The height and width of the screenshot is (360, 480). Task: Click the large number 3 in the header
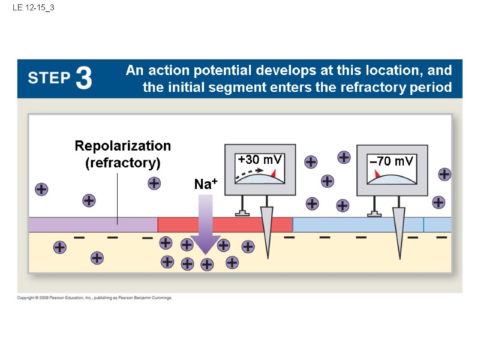point(84,78)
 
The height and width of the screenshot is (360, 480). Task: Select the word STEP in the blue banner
point(49,79)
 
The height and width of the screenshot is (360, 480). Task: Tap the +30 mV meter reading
point(259,160)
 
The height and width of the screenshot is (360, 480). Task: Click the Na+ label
point(205,184)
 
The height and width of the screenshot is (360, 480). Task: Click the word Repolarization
point(122,146)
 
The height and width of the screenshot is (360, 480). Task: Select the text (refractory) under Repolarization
point(122,163)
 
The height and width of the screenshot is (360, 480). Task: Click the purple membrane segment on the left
point(92,224)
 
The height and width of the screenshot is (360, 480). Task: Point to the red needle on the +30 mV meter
point(274,173)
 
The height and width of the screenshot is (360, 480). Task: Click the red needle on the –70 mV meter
point(377,174)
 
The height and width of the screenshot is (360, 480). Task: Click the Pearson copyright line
point(94,298)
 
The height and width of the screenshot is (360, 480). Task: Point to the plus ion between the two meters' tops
point(344,157)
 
